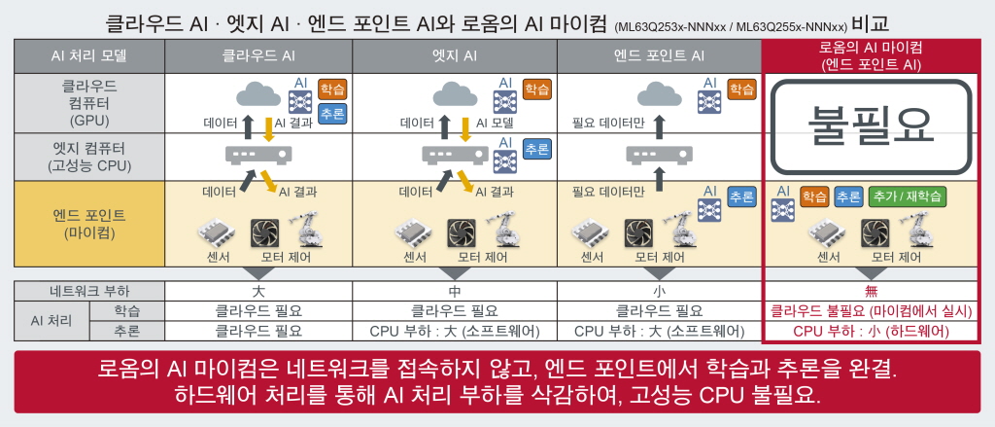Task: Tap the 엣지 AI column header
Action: [x=454, y=56]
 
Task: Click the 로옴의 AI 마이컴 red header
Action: [x=871, y=55]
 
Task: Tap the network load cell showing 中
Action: [x=454, y=290]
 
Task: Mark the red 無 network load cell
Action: [x=871, y=290]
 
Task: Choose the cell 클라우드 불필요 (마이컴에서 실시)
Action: [x=871, y=311]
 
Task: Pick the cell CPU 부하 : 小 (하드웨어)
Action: [x=871, y=331]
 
